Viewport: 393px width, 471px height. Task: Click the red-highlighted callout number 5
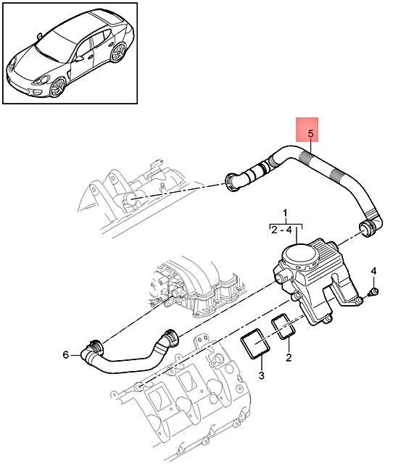[x=310, y=134]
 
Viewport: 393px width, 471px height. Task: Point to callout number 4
[x=374, y=271]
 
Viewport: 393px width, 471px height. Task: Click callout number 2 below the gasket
[x=289, y=357]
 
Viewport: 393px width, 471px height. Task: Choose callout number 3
[x=262, y=375]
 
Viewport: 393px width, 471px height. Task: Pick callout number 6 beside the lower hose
[x=65, y=354]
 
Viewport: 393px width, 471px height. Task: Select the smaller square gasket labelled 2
[x=284, y=327]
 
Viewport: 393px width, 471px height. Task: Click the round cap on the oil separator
[x=299, y=255]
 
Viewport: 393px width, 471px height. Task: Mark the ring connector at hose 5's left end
[x=236, y=182]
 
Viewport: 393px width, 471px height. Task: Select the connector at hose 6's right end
[x=170, y=337]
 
